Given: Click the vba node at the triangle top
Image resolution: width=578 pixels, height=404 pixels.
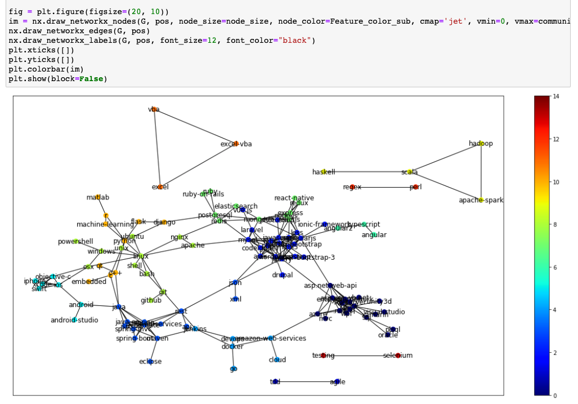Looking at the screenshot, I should coord(154,109).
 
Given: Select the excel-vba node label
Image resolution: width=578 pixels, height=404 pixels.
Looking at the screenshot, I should coord(236,144).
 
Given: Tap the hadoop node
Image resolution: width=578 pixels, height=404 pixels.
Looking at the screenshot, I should coord(481,143).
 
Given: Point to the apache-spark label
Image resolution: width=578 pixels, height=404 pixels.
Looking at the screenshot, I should coord(481,200).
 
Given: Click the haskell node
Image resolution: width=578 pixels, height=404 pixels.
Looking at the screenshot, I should coord(324,172).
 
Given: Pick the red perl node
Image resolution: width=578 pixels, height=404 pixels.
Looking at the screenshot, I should coord(416,187).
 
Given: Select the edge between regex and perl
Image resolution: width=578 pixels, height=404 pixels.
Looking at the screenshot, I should coord(384,187).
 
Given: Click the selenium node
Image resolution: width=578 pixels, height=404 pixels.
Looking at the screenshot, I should coord(398,356).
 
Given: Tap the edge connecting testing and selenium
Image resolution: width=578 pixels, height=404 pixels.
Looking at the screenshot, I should coord(360,356).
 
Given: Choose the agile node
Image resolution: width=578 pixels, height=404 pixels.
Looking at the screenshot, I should coord(337,381).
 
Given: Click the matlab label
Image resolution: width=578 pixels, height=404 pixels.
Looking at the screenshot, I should coord(98,197).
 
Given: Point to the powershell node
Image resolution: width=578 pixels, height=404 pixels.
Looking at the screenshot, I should coord(75,242).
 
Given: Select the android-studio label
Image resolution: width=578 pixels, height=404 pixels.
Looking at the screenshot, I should coord(74,320).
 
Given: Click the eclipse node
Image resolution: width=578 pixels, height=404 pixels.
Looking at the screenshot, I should coord(150,361).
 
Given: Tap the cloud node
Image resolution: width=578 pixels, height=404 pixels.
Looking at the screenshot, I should coord(277,359).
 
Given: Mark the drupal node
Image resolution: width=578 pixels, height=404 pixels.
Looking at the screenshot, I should coord(283,275).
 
